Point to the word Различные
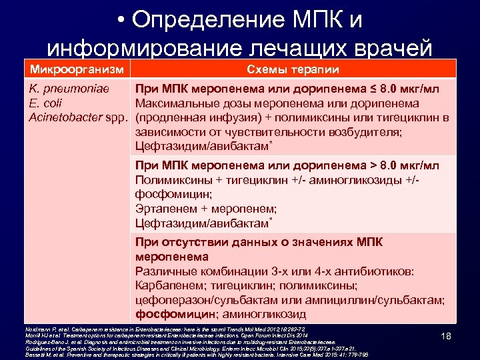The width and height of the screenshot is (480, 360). (164, 271)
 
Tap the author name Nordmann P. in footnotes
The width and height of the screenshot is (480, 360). (37, 329)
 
